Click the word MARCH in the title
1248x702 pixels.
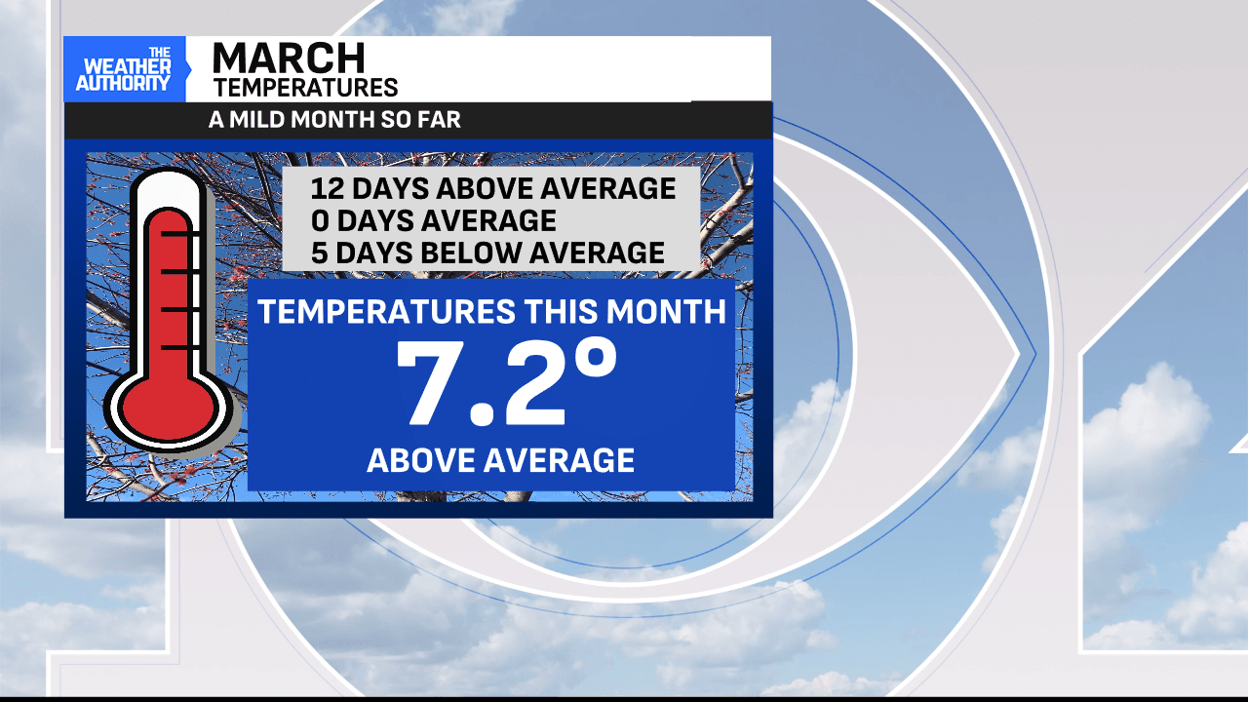[x=289, y=58]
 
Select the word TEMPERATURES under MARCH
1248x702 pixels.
[x=306, y=88]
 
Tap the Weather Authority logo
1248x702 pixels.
[x=124, y=69]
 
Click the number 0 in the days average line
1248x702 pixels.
[x=320, y=220]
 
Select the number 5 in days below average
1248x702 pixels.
[x=319, y=253]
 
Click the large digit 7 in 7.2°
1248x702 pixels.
[x=428, y=383]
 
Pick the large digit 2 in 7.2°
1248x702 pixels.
[x=532, y=383]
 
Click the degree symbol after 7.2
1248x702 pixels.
[x=596, y=358]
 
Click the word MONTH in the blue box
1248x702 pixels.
[x=666, y=311]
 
